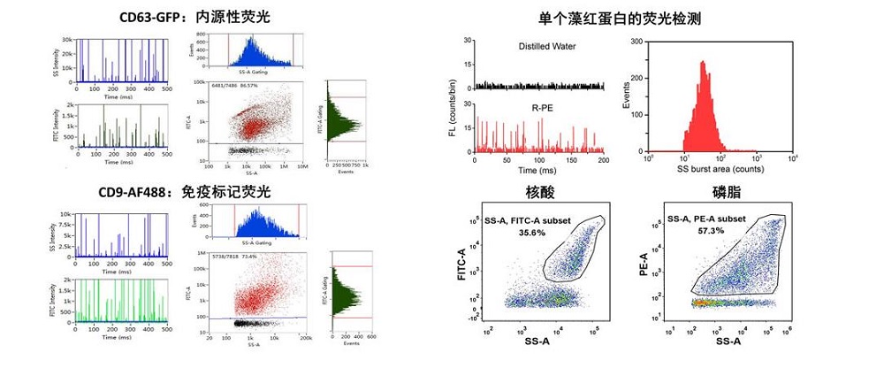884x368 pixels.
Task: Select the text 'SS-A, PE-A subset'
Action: [x=718, y=218]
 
